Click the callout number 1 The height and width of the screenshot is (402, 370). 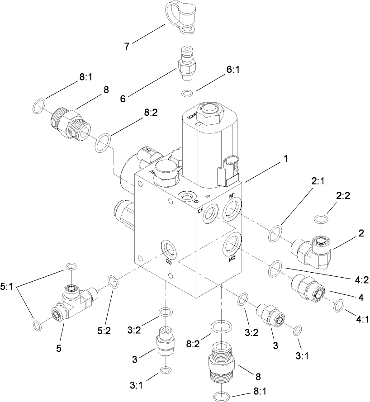click(286, 159)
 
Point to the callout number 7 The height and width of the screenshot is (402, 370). click(128, 45)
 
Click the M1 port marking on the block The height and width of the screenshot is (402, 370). click(233, 195)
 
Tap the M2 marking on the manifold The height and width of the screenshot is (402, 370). click(232, 259)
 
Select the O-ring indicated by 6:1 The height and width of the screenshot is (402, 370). click(187, 94)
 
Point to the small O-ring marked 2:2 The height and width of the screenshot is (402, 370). click(320, 219)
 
